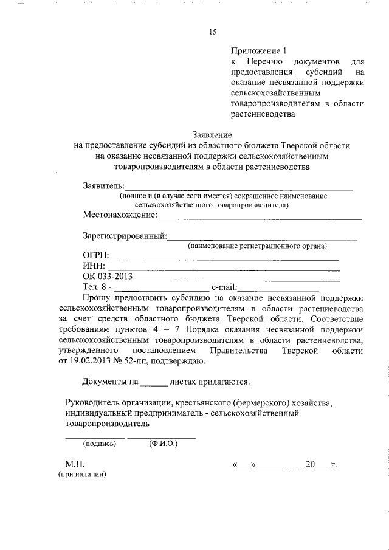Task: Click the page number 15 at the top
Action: click(x=213, y=32)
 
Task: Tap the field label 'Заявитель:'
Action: click(x=103, y=185)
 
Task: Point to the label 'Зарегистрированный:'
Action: click(x=125, y=236)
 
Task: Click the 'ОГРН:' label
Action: click(x=95, y=256)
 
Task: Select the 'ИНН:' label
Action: click(x=94, y=267)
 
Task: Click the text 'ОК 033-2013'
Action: click(x=107, y=277)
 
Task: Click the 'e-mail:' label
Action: click(x=224, y=287)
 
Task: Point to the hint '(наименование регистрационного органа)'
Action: click(x=257, y=246)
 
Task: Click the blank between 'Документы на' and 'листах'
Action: click(x=153, y=383)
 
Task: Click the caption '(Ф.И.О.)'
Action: click(x=163, y=444)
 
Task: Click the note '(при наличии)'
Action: click(x=81, y=476)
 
